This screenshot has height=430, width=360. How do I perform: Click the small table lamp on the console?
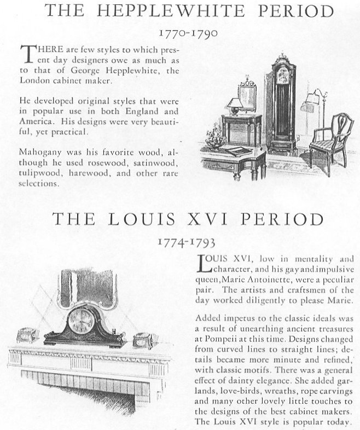coord(235,106)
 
